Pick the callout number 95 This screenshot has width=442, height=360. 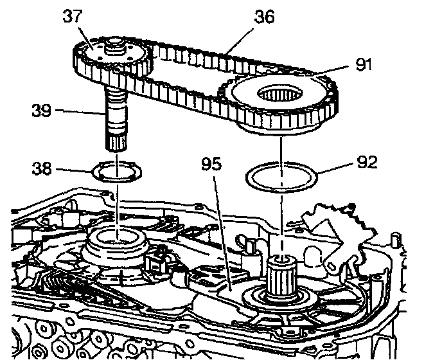(212, 163)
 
